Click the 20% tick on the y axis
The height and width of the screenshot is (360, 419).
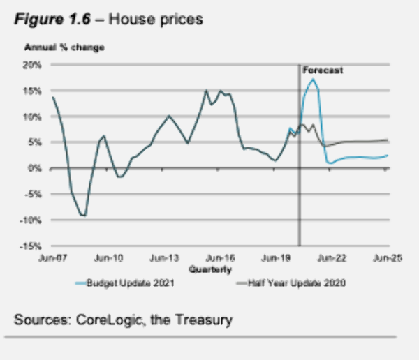(x=34, y=65)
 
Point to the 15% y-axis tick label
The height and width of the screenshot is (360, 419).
(x=34, y=91)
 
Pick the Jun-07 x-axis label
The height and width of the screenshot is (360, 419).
(x=52, y=257)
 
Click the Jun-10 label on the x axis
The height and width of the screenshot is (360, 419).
(x=109, y=257)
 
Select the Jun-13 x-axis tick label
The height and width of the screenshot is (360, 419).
(x=165, y=257)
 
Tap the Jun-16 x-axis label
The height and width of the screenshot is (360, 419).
(x=219, y=257)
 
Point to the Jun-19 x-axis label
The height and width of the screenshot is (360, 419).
(x=274, y=257)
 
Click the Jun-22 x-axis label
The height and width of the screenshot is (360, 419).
(x=330, y=257)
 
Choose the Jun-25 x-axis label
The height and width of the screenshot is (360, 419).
(x=386, y=257)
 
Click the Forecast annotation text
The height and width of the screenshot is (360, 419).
(x=323, y=70)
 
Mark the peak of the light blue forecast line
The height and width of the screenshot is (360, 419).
(x=313, y=80)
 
